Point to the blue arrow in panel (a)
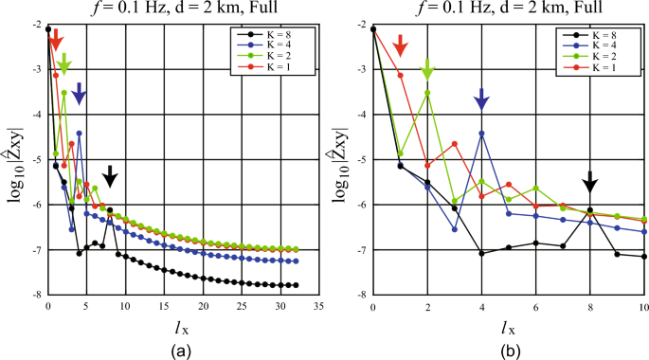point(80,93)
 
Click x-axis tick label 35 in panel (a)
point(319,306)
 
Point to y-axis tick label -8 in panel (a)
point(35,295)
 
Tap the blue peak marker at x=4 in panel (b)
point(482,134)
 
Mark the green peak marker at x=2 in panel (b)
point(427,93)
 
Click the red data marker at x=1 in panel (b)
point(400,75)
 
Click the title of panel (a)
point(183,9)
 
